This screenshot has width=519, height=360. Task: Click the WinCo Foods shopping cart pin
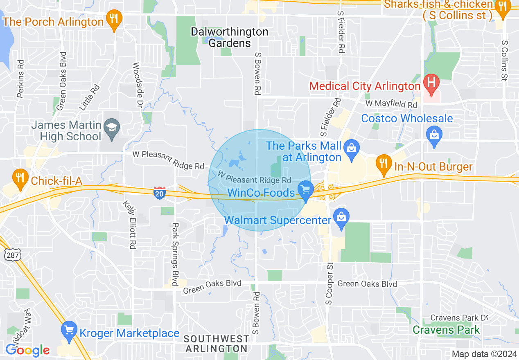click(x=305, y=191)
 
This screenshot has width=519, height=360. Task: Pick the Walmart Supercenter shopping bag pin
click(x=341, y=218)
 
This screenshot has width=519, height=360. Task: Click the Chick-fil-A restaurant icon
click(x=19, y=178)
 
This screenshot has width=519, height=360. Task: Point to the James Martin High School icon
click(x=111, y=127)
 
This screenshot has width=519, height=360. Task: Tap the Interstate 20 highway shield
click(x=160, y=193)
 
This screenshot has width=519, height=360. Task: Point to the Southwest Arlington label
click(x=216, y=344)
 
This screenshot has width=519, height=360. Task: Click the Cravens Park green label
click(x=446, y=330)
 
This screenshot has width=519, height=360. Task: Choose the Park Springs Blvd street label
click(x=175, y=254)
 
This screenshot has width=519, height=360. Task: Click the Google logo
click(x=27, y=350)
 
